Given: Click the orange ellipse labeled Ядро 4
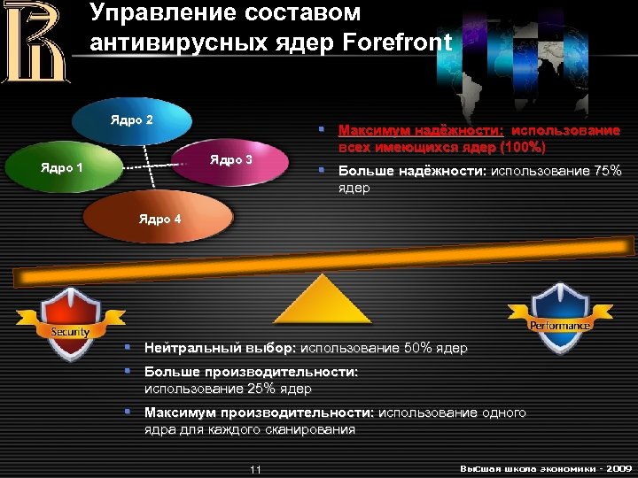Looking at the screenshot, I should click(159, 219).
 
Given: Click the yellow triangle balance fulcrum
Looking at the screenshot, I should click(322, 299).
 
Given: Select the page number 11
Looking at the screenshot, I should click(255, 469).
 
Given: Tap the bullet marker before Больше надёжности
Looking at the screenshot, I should click(324, 171).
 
